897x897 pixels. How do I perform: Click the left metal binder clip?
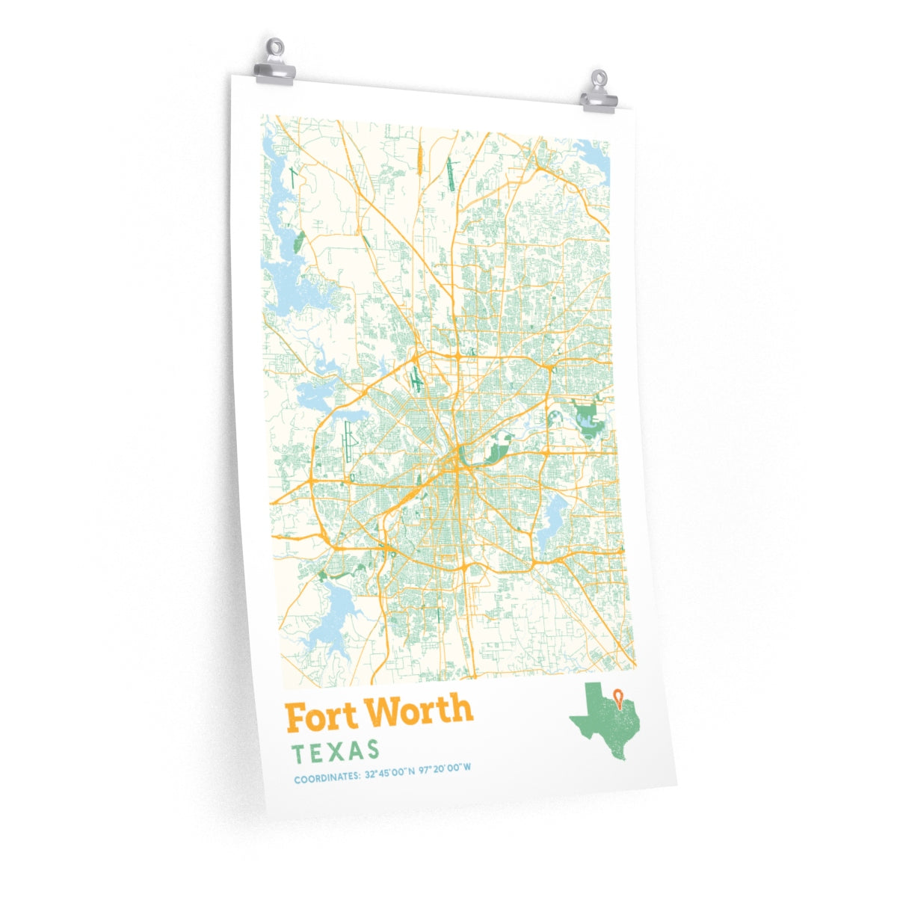274,64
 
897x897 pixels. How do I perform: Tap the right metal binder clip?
599,93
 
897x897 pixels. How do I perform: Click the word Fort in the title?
322,717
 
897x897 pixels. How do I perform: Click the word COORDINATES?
326,779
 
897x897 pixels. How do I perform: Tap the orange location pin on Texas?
617,697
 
